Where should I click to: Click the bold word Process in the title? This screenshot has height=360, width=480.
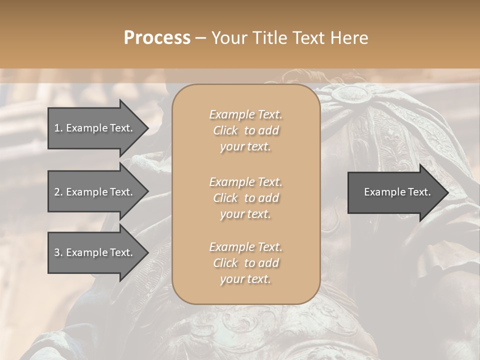click(x=157, y=38)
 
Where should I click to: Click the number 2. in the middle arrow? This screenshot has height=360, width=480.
click(x=58, y=192)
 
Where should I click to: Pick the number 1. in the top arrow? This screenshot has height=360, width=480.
click(x=58, y=128)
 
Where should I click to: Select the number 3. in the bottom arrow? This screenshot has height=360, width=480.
click(x=58, y=252)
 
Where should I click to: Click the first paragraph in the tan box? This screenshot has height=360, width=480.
click(x=245, y=130)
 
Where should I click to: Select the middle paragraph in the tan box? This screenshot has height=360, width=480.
click(x=245, y=197)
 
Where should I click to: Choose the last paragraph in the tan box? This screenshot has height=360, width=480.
click(x=245, y=263)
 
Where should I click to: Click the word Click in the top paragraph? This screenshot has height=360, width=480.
click(x=225, y=130)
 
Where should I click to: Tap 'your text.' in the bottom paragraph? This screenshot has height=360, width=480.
click(x=245, y=279)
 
